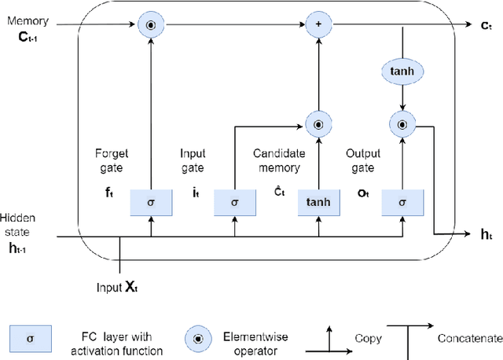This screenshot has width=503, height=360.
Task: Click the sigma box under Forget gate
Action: [x=151, y=203]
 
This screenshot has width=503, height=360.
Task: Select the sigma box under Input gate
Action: [x=234, y=203]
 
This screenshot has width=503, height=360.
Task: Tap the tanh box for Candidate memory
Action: [x=318, y=203]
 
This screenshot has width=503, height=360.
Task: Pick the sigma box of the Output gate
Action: [x=402, y=203]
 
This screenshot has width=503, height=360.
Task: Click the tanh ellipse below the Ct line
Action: [x=402, y=72]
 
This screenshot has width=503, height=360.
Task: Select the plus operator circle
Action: [x=318, y=25]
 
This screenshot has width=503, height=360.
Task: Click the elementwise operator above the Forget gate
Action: [x=151, y=25]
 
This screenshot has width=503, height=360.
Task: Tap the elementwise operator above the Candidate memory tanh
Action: [x=318, y=123]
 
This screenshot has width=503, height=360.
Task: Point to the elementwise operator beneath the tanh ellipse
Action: [x=402, y=123]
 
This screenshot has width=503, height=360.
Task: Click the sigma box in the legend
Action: [x=30, y=339]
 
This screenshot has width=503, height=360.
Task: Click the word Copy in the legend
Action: [x=369, y=339]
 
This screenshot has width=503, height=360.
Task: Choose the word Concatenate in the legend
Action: [x=469, y=338]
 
